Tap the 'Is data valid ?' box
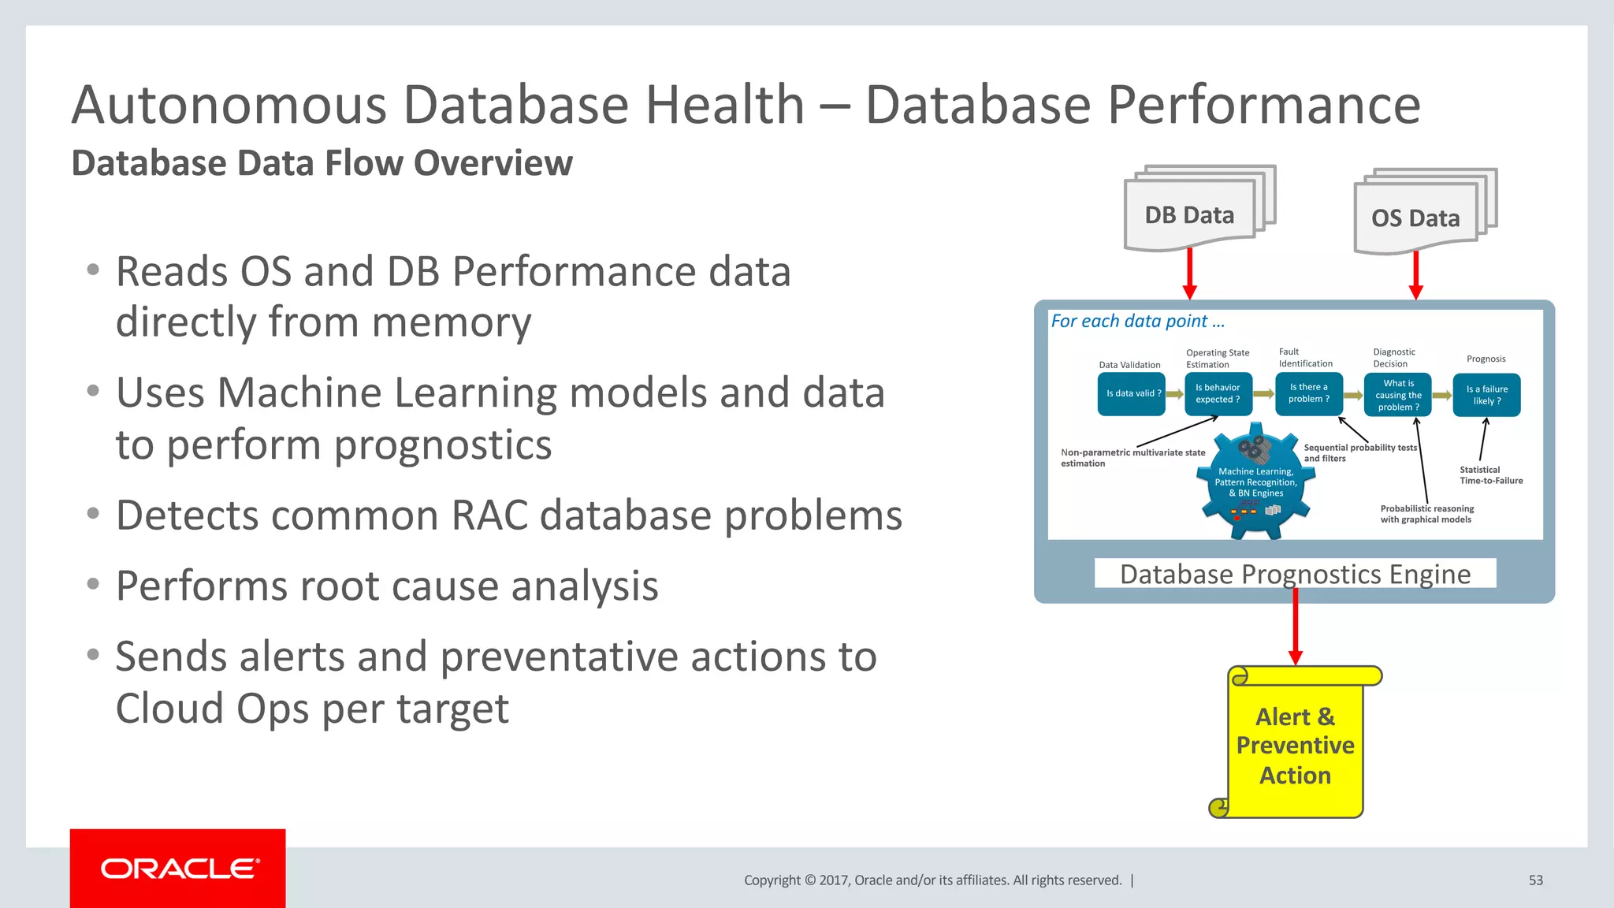pyautogui.click(x=1131, y=393)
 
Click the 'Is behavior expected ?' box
pyautogui.click(x=1218, y=393)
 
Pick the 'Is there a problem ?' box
pyautogui.click(x=1309, y=393)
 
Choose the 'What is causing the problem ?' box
pyautogui.click(x=1398, y=395)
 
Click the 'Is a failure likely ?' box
pyautogui.click(x=1486, y=395)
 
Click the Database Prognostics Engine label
pyautogui.click(x=1295, y=574)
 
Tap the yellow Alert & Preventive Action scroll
pyautogui.click(x=1295, y=745)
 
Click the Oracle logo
pyautogui.click(x=178, y=869)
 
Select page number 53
pyautogui.click(x=1535, y=880)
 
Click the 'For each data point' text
pyautogui.click(x=1137, y=322)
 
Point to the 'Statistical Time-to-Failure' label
pyautogui.click(x=1490, y=475)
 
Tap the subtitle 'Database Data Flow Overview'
pyautogui.click(x=322, y=164)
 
